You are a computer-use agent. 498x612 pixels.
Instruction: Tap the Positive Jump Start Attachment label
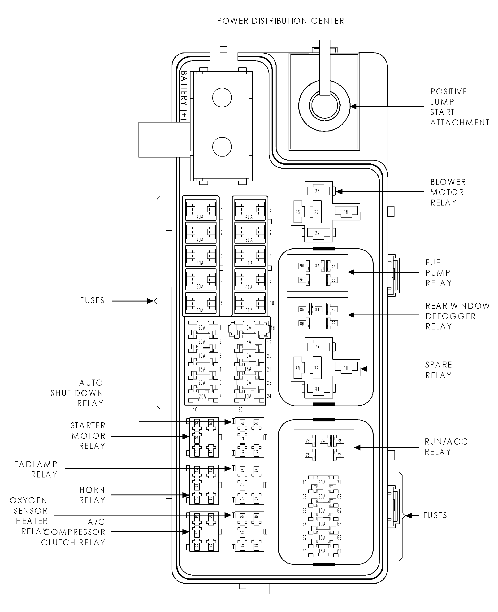460,107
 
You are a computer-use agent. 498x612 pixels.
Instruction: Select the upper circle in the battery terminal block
222,97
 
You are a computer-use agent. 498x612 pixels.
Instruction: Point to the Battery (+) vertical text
184,95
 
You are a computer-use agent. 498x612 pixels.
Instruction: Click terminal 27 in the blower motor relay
316,212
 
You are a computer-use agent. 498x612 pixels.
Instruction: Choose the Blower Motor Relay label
448,192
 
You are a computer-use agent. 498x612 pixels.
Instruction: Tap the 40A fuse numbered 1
200,210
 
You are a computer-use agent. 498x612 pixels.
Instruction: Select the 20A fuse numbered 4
200,279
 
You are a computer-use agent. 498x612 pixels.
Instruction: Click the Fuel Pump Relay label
439,273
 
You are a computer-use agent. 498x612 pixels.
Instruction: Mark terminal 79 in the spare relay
316,368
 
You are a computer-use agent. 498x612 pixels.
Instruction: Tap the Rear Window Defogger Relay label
458,316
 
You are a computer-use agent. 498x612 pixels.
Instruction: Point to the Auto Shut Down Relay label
77,393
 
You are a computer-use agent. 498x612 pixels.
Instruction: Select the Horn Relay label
92,495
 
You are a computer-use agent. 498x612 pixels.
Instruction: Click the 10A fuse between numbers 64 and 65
322,524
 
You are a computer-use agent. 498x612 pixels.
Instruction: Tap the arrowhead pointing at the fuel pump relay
351,272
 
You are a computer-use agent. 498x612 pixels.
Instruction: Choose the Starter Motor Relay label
88,436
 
